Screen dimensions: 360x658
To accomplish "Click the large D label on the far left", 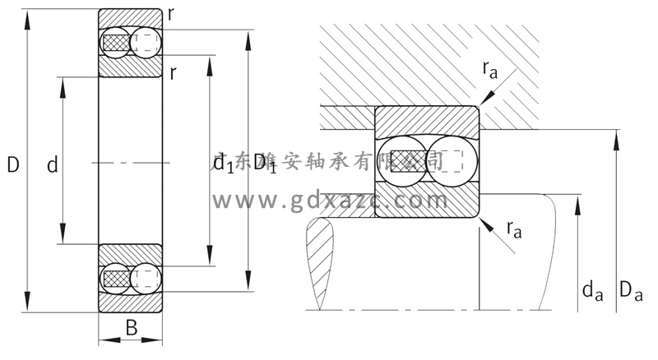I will tap(13, 165).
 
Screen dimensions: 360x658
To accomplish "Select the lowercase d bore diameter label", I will tap(52, 166).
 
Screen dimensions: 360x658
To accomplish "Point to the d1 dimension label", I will tap(223, 163).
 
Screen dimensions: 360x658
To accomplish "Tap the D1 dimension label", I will tap(264, 163).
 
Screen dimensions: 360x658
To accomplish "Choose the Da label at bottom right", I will tap(630, 289).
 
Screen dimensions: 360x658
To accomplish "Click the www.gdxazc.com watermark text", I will tap(329, 200).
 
